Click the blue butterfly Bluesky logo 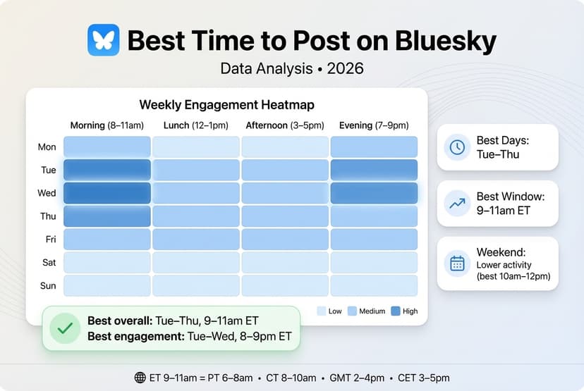click(103, 40)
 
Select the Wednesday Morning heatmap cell click(107, 193)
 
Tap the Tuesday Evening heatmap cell click(374, 170)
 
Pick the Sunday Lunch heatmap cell click(196, 285)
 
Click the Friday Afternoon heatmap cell click(285, 240)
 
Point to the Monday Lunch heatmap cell click(196, 147)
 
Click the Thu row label click(47, 216)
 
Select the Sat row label click(48, 263)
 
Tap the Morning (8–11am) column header click(107, 125)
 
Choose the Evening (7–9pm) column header click(374, 125)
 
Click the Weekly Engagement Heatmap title click(226, 105)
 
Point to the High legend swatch click(395, 311)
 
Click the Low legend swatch click(322, 311)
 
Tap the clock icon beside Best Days click(457, 147)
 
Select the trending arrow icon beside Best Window click(457, 204)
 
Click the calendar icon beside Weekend click(457, 263)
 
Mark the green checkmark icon click(65, 328)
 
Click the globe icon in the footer click(140, 378)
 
